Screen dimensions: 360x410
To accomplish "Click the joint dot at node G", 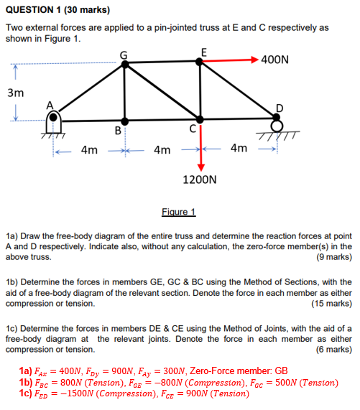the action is (126, 64).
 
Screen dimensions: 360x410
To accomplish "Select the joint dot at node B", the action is (126, 121).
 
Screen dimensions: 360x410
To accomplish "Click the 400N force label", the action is (275, 60).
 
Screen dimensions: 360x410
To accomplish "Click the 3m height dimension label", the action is (15, 93).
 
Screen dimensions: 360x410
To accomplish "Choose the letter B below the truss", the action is (117, 131).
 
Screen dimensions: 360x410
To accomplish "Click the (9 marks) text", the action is (333, 256).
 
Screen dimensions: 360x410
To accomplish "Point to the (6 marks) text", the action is (333, 350).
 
